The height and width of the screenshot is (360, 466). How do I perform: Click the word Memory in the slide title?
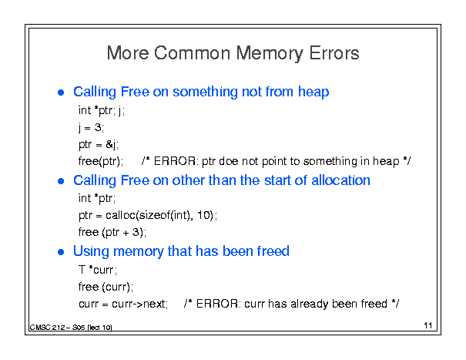point(270,53)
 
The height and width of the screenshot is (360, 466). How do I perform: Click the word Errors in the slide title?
point(334,53)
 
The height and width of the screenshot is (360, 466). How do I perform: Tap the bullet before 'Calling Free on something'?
point(61,93)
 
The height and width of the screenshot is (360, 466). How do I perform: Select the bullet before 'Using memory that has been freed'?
point(61,252)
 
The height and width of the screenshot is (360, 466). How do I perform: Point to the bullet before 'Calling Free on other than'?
point(61,181)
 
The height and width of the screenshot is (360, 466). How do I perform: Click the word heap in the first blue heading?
point(313,92)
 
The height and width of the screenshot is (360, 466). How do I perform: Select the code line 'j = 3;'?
point(91,128)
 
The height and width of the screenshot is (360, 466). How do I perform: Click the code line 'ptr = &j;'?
point(99,145)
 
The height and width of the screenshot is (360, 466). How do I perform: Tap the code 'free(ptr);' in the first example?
point(101,162)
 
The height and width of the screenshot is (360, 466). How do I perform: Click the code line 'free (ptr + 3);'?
point(112,232)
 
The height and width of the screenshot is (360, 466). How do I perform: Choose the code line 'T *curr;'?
point(98,270)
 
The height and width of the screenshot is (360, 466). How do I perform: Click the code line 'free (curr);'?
point(106,287)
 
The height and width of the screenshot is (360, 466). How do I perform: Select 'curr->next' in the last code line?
point(139,304)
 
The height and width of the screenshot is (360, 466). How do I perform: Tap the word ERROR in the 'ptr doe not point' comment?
point(174,161)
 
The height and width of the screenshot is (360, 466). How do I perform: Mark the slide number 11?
point(428,325)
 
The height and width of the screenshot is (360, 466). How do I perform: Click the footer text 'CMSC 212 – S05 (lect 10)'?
point(71,328)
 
